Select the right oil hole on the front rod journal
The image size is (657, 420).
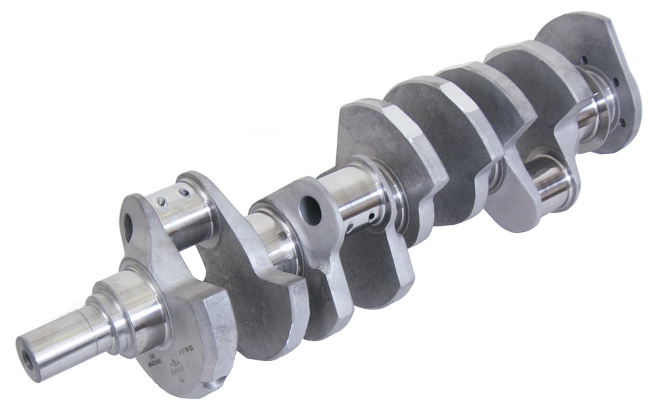(186, 191)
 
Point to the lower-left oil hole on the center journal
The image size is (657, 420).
(350, 227)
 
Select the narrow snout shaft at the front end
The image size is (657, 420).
(57, 342)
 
